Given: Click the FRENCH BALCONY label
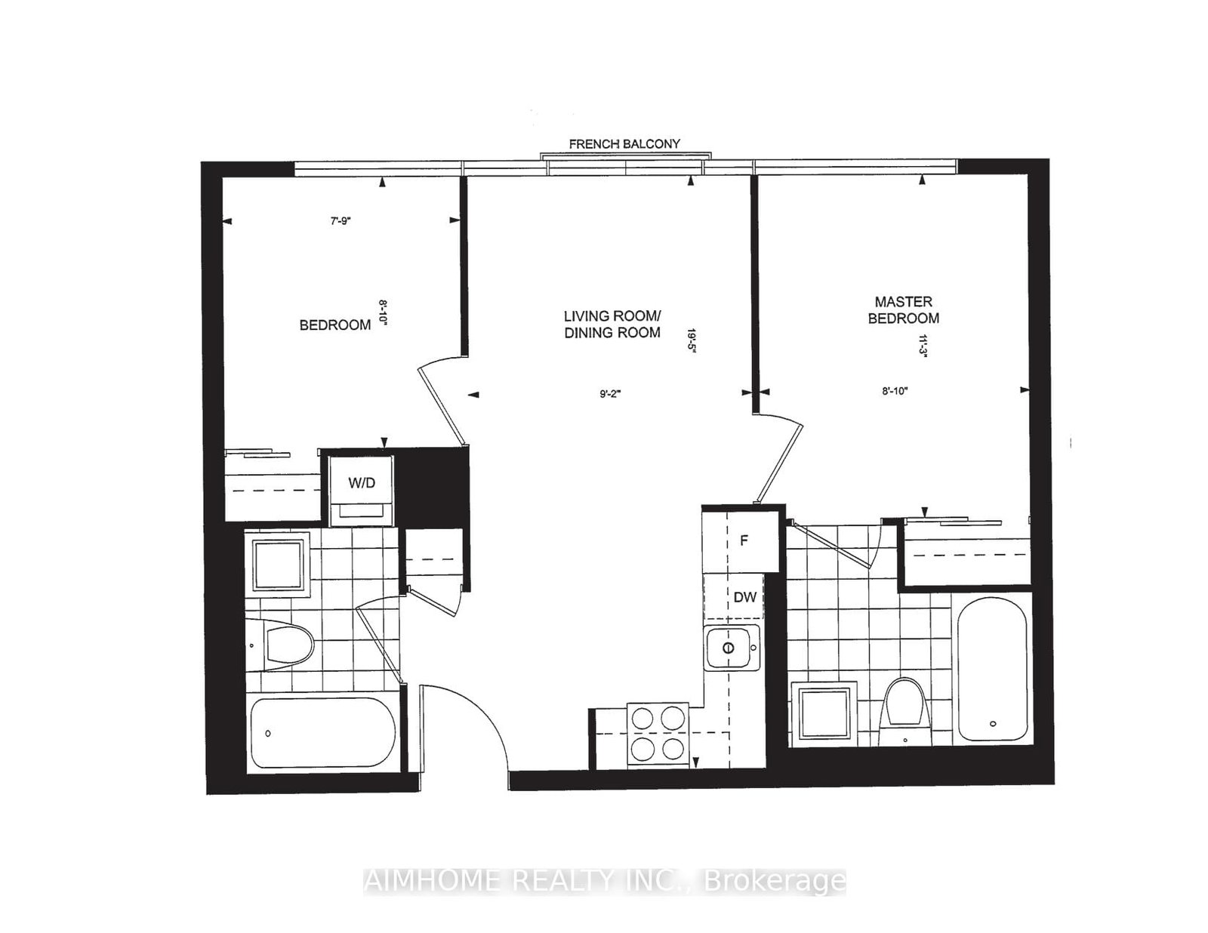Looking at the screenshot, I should [x=624, y=143].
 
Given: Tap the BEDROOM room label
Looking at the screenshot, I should [x=335, y=325].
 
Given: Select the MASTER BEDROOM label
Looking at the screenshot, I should [x=904, y=310].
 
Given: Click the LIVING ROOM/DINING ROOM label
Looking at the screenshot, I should [x=612, y=324].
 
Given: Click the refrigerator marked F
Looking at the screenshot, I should [x=744, y=540].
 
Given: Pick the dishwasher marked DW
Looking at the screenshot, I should [x=744, y=598].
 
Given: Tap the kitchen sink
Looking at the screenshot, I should [x=731, y=648].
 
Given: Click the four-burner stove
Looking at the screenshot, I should [x=658, y=732].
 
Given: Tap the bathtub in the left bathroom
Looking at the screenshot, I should [x=323, y=732].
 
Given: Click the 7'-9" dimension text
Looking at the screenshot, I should [x=341, y=221].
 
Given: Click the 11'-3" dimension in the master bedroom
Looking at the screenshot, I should [x=921, y=348].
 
